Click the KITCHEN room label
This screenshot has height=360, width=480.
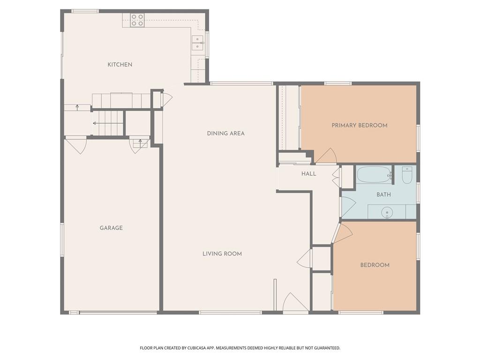tap(120, 65)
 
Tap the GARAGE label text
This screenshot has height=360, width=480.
tap(111, 228)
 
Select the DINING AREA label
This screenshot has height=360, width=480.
tap(226, 133)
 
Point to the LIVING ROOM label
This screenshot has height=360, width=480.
tap(222, 254)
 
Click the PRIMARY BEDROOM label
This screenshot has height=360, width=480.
tap(360, 125)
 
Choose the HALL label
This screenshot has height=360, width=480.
tap(308, 174)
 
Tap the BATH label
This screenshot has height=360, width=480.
tap(383, 195)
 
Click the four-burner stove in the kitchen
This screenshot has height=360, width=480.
tap(137, 20)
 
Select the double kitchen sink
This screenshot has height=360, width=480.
tap(198, 43)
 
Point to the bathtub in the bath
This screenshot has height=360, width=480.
tap(374, 174)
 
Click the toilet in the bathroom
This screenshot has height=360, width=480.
tap(407, 175)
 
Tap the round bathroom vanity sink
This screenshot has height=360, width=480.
tap(387, 212)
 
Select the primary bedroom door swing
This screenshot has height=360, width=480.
tap(326, 156)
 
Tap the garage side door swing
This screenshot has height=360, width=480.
tap(76, 146)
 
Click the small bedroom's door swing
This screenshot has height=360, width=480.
tap(342, 233)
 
